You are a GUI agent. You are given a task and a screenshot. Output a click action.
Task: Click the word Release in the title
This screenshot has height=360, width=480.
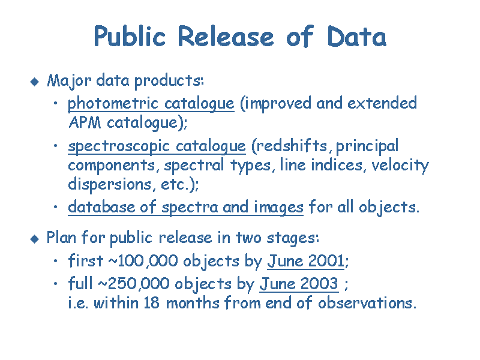[x=226, y=36]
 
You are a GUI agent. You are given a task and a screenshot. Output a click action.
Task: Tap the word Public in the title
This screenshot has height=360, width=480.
[x=130, y=36]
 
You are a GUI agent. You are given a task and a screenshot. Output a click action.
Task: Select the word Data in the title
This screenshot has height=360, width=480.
[x=356, y=36]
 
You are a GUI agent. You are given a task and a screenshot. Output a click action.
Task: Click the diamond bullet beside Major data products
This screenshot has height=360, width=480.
[x=35, y=82]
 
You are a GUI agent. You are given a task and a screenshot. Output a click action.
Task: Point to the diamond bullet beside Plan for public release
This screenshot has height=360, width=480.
[x=35, y=238]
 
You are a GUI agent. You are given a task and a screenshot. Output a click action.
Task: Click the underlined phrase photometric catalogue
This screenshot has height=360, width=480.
[x=151, y=104]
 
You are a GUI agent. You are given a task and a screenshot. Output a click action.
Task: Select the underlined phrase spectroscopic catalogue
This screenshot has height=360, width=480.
[x=157, y=146]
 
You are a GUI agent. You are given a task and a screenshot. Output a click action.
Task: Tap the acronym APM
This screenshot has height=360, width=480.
[x=85, y=122]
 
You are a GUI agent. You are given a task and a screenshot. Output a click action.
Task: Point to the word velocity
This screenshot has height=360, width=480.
[x=400, y=166]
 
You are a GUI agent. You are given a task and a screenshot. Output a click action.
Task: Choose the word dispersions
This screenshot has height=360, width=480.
[x=110, y=185]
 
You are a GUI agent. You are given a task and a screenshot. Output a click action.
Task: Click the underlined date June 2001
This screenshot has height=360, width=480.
[x=306, y=261]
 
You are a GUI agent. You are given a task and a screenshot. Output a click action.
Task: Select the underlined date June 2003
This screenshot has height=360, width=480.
[x=299, y=283]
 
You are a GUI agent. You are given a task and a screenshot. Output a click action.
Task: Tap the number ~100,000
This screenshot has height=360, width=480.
[x=143, y=261]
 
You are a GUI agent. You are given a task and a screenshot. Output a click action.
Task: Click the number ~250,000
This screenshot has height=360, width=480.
[x=134, y=283]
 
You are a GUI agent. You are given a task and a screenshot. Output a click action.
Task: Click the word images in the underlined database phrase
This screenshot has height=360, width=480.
[x=278, y=208]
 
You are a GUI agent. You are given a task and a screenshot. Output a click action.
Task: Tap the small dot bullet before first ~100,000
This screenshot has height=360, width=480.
[x=55, y=261]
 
